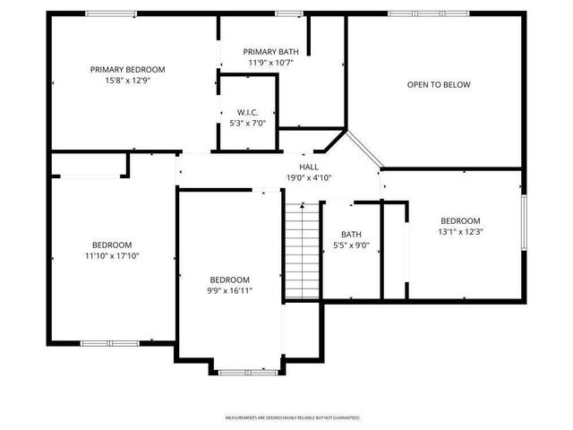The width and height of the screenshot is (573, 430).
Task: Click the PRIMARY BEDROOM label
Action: click(127, 69)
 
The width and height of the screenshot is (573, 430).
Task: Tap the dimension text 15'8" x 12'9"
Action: click(127, 81)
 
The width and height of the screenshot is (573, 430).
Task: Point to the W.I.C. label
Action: click(247, 112)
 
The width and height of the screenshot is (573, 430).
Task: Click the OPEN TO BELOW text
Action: click(439, 85)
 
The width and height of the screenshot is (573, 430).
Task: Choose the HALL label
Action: click(309, 167)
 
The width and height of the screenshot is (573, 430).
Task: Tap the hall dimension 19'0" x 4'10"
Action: click(309, 177)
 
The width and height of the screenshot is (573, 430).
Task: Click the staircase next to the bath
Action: click(303, 251)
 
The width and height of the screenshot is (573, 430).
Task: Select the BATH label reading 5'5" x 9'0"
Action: click(351, 235)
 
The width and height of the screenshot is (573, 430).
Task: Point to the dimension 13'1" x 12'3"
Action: click(460, 232)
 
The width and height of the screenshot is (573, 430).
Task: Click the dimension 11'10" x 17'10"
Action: click(112, 256)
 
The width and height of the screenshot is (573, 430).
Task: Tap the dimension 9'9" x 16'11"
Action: click(230, 290)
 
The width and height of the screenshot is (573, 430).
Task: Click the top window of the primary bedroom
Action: click(111, 13)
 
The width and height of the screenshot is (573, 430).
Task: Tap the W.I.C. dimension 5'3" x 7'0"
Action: click(247, 123)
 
